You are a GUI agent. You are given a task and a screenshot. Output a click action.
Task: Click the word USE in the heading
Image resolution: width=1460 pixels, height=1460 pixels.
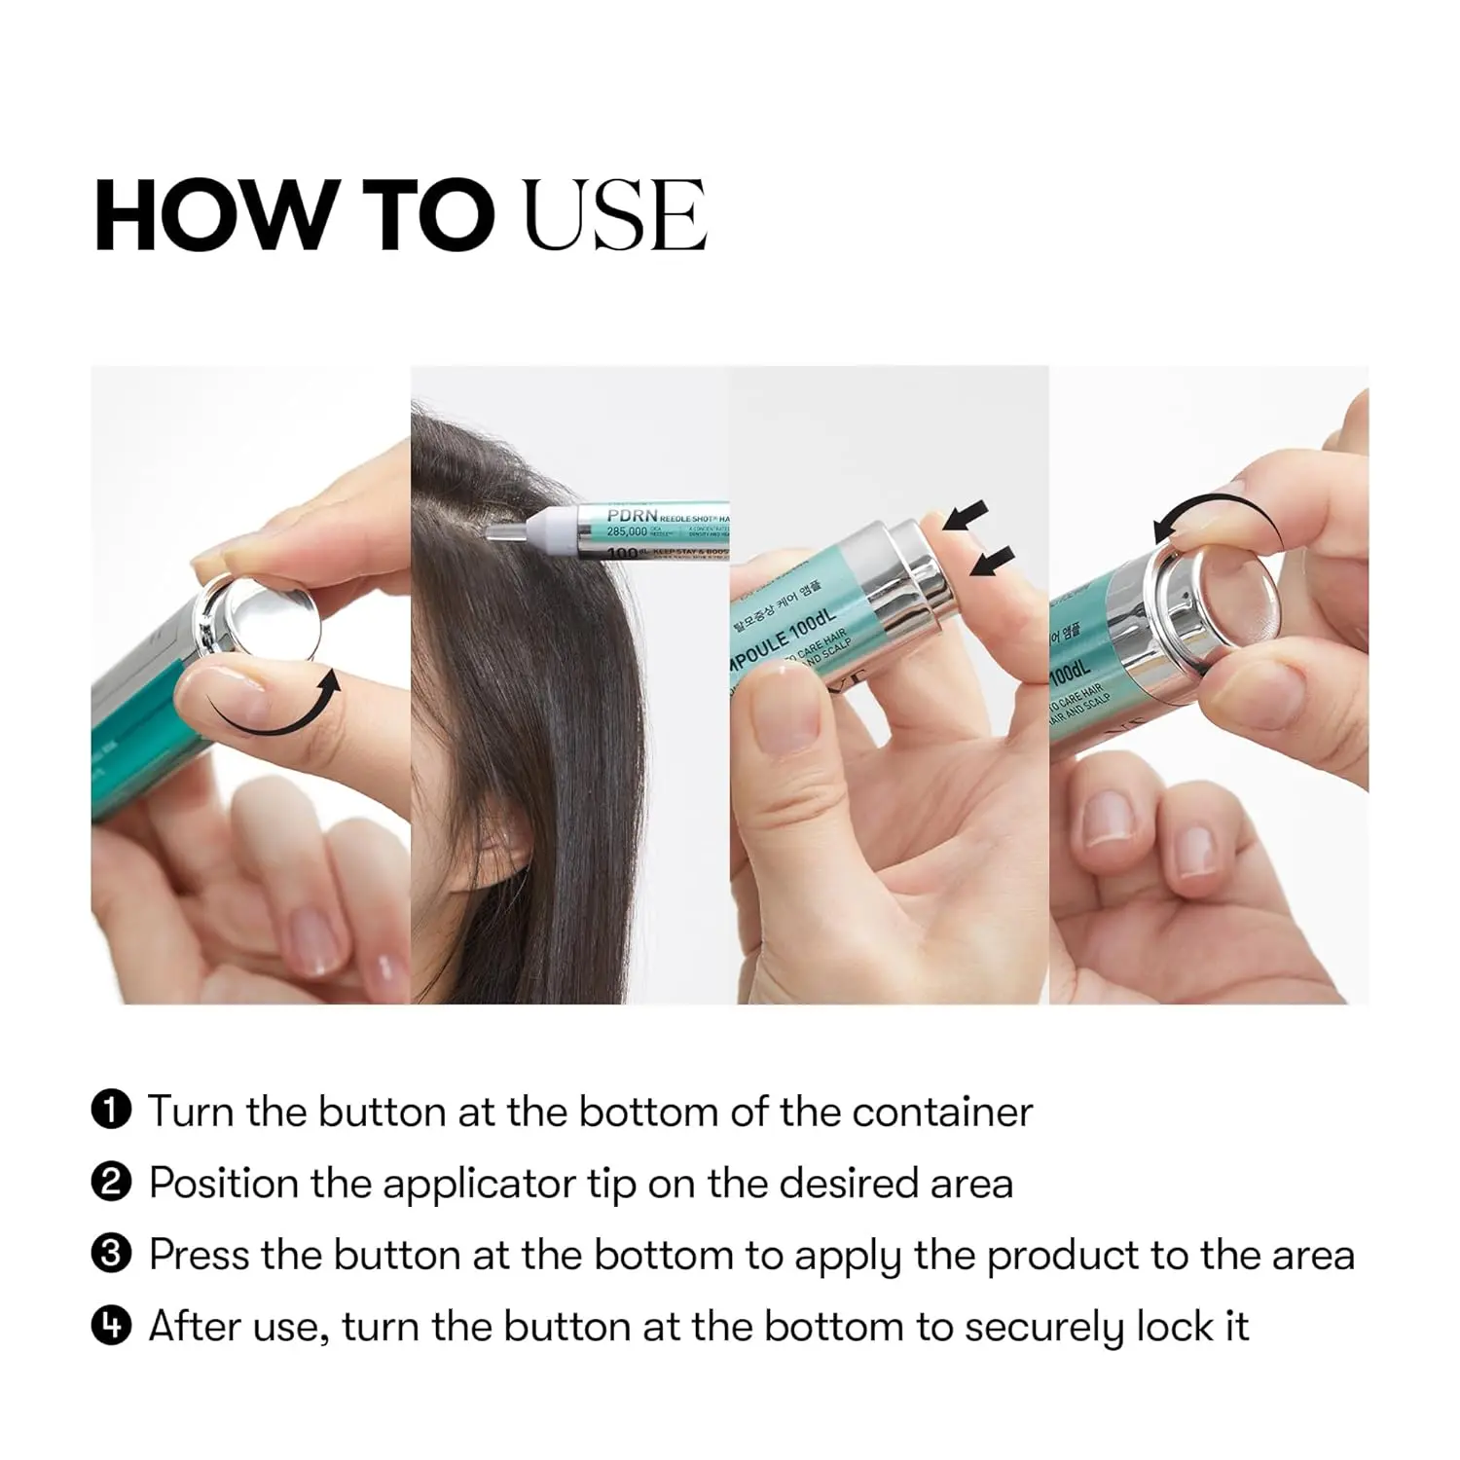click(614, 215)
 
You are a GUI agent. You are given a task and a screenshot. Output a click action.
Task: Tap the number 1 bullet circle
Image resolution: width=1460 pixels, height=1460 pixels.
click(111, 1111)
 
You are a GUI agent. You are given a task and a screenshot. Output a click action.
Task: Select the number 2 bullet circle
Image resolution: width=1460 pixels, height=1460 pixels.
click(111, 1183)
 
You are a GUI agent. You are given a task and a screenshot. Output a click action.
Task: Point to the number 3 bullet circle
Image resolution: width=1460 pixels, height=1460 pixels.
click(111, 1255)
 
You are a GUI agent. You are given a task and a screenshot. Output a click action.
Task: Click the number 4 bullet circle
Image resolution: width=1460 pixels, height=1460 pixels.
click(111, 1326)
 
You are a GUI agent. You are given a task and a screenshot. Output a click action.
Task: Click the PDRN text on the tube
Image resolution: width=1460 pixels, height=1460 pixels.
click(632, 515)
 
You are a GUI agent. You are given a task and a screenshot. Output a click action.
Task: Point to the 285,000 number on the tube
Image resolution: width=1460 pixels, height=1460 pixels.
click(628, 532)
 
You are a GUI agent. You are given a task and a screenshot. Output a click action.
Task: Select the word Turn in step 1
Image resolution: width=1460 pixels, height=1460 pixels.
click(191, 1112)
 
